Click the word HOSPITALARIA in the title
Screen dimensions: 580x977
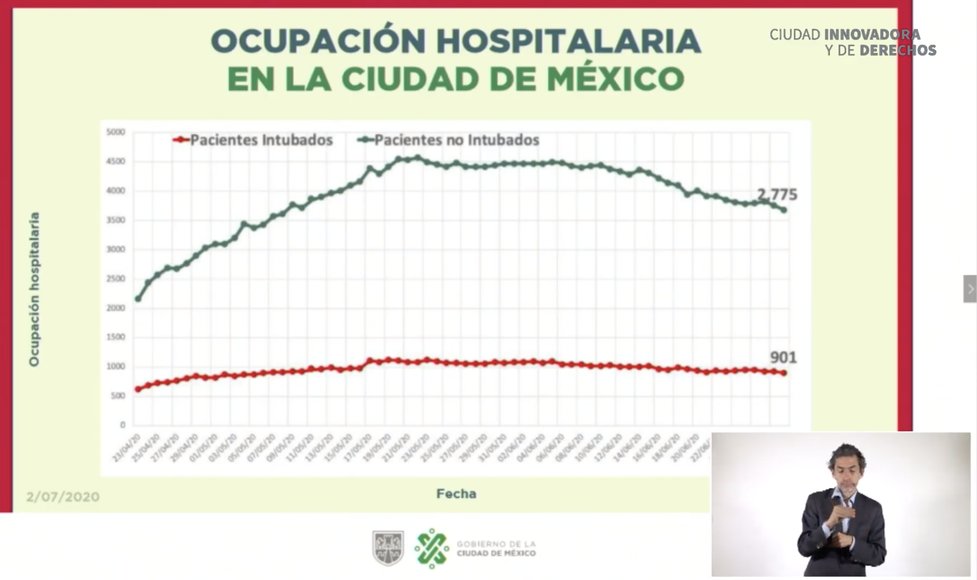point(568,41)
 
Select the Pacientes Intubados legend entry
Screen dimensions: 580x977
point(253,140)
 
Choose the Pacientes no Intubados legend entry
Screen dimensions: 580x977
point(448,140)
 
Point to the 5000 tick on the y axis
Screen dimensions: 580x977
point(116,132)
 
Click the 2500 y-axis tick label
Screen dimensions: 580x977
point(116,279)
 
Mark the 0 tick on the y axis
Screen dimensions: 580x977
point(122,425)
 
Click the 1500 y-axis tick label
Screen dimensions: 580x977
point(116,337)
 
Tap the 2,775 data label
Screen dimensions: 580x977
point(777,194)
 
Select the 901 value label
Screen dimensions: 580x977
point(783,358)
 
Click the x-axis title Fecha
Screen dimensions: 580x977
point(456,494)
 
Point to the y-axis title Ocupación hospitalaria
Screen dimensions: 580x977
point(34,289)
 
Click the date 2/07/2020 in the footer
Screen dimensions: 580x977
point(63,497)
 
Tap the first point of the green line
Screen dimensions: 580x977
point(138,299)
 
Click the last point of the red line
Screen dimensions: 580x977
point(784,373)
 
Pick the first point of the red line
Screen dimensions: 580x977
point(138,389)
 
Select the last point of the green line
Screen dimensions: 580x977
point(784,210)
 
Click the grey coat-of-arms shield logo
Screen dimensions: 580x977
point(388,548)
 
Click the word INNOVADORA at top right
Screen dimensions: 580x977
point(872,35)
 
